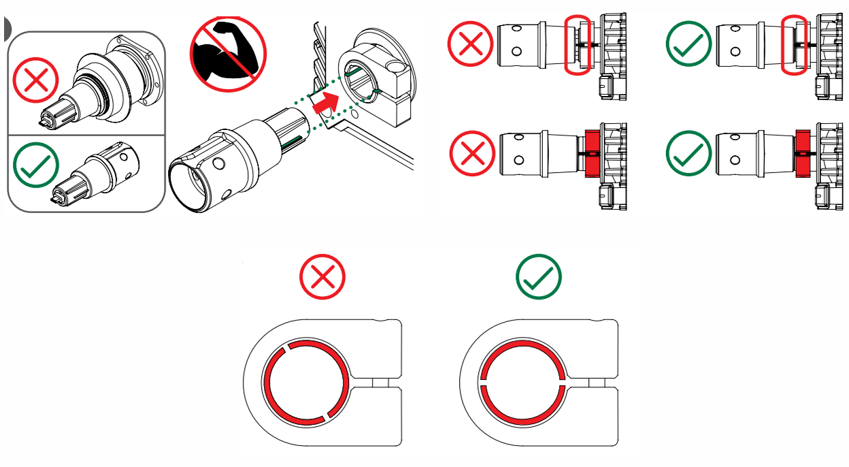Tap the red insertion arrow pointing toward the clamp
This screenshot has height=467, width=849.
pyautogui.click(x=325, y=104)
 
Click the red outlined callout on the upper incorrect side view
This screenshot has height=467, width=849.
pyautogui.click(x=578, y=44)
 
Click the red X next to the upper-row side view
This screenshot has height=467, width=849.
pyautogui.click(x=470, y=43)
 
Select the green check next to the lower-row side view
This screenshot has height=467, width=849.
pyautogui.click(x=688, y=154)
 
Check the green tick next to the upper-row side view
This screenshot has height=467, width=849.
pyautogui.click(x=688, y=43)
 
